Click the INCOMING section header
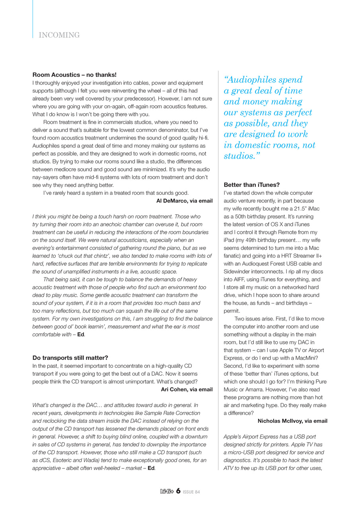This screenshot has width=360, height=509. click(x=59, y=35)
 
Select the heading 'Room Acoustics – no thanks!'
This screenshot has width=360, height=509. click(x=74, y=75)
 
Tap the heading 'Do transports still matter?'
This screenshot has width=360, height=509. click(x=70, y=357)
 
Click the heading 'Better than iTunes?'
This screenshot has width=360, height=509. click(x=252, y=185)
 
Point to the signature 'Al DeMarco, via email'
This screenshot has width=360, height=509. click(x=185, y=201)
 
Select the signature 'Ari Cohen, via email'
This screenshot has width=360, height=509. click(x=187, y=389)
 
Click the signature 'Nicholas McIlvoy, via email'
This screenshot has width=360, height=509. click(x=292, y=421)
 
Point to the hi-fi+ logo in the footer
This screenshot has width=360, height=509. click(x=166, y=492)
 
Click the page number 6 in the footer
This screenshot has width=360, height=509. click(x=178, y=492)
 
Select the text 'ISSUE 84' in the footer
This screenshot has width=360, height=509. click(x=191, y=492)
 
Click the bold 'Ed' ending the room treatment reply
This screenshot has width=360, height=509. click(x=80, y=334)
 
